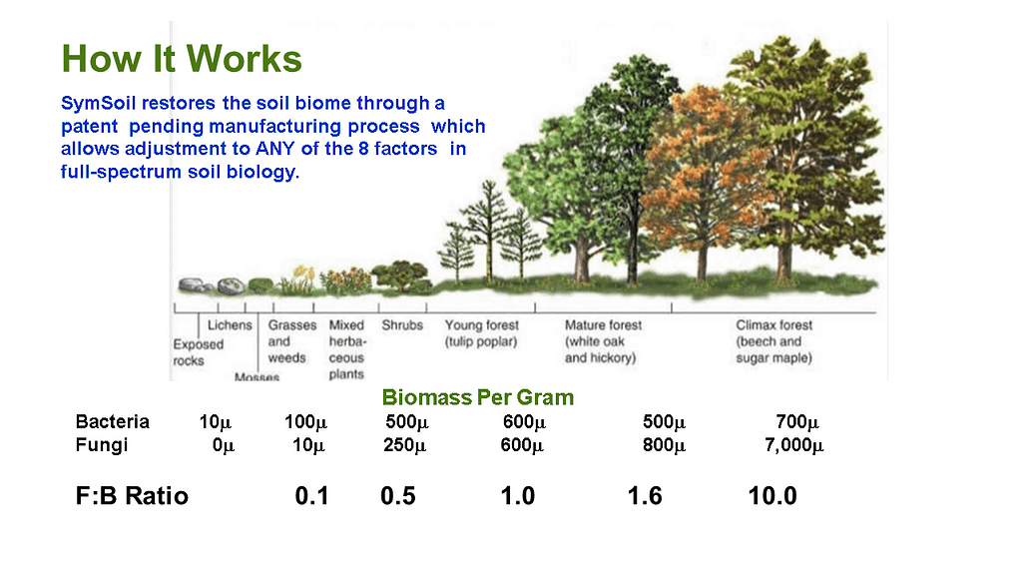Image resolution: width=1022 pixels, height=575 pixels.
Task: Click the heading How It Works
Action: tap(182, 59)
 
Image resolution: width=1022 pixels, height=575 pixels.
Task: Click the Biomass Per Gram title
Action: tap(478, 397)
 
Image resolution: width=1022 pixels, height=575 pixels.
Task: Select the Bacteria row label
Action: tap(112, 421)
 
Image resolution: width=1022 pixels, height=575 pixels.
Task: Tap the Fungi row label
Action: tap(101, 444)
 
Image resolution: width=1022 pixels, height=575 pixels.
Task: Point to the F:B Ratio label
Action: tap(132, 495)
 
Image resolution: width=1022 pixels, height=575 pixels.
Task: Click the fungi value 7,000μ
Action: tap(793, 445)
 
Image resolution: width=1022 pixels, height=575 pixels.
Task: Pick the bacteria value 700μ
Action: tap(797, 422)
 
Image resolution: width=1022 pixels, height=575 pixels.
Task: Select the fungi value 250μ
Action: tap(405, 445)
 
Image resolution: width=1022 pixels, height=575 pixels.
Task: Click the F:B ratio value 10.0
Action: tap(772, 496)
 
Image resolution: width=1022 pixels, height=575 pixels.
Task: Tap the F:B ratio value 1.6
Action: tap(645, 496)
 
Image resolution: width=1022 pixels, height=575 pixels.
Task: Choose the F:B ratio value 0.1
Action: tap(311, 496)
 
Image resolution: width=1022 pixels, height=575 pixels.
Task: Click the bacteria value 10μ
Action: tap(216, 422)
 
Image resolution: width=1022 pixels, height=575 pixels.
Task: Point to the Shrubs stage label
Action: tap(402, 324)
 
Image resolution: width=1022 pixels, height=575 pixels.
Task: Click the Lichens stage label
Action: tap(230, 324)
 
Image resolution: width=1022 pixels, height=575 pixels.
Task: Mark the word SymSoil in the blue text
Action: tap(98, 103)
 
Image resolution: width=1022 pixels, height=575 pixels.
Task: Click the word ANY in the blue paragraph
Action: tap(275, 149)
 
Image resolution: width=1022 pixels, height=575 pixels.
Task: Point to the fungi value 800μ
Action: tap(664, 445)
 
